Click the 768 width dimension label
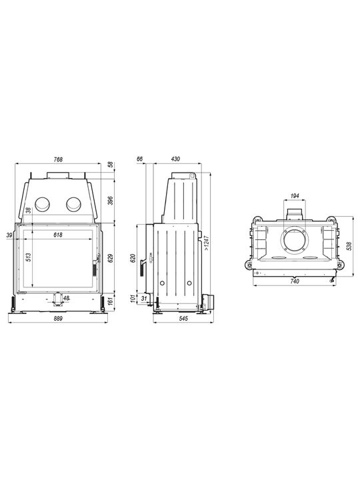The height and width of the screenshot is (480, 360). tap(58, 159)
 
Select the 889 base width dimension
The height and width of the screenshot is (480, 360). tap(58, 319)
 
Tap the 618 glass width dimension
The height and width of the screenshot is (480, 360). tap(58, 235)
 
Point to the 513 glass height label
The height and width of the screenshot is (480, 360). tap(29, 257)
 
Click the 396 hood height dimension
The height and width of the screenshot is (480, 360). tap(111, 201)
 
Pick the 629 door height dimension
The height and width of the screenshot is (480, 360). tap(111, 258)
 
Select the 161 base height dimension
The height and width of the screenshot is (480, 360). tap(111, 302)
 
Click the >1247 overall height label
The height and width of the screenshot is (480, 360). tap(207, 243)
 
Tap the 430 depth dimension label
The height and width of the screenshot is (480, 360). tap(175, 159)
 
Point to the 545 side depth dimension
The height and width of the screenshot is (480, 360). tap(183, 319)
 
